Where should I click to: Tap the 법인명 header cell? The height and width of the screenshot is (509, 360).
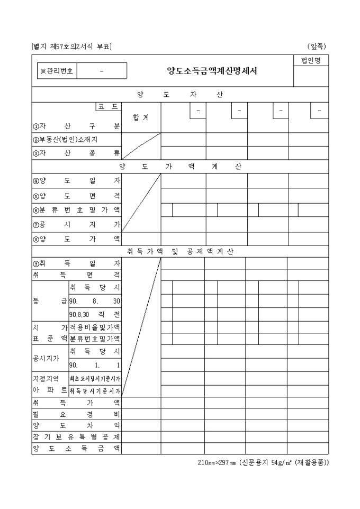311,61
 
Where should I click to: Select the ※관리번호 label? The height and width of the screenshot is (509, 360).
57,70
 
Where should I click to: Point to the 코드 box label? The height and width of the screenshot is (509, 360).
109,107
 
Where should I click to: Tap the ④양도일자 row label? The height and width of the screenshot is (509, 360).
76,180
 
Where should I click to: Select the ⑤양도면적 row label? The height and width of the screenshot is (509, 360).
76,195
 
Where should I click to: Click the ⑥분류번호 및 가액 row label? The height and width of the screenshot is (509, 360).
76,210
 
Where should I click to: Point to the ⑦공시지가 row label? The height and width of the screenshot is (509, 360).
76,224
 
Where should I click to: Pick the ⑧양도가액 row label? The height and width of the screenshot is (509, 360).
76,239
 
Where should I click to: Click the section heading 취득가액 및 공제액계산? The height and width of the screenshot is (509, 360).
180,251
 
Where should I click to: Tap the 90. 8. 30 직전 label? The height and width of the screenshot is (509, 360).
95,314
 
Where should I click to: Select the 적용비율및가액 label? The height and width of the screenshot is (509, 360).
95,328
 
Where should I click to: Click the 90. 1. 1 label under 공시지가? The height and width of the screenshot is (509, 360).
95,365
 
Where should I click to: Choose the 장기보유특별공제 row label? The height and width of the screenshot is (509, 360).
76,437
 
